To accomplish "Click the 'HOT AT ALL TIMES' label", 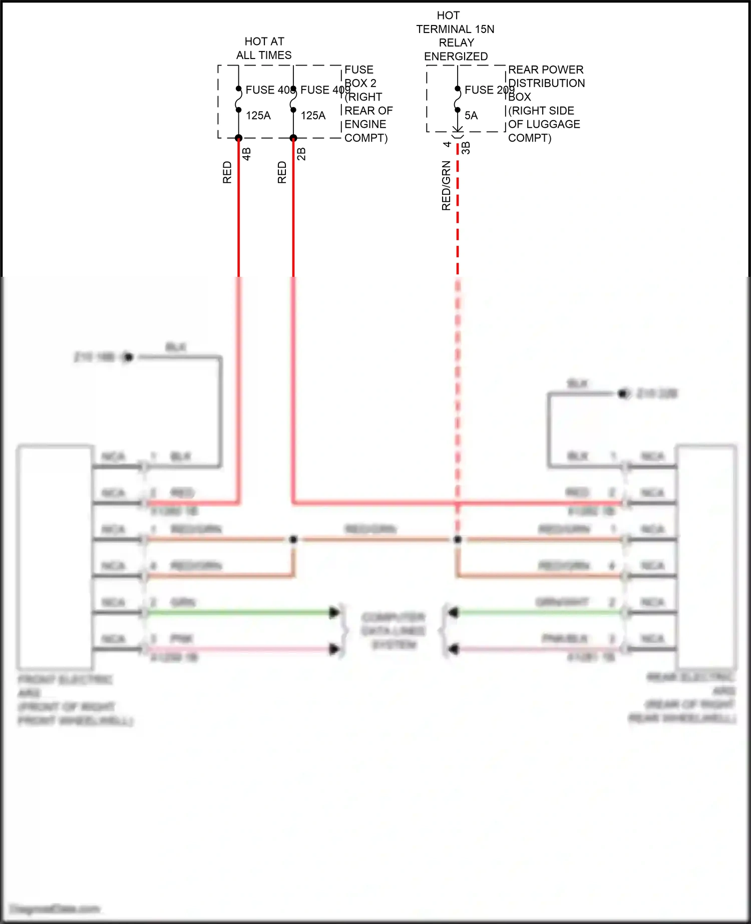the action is (x=264, y=48).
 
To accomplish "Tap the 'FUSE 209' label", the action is (x=488, y=90).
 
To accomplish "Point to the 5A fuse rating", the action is (x=471, y=116).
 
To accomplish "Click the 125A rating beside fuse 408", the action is (x=258, y=116).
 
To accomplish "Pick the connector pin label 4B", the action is (x=246, y=154).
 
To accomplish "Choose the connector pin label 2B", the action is (x=301, y=154).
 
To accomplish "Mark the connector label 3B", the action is (x=466, y=148).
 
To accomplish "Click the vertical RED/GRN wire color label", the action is (x=446, y=186).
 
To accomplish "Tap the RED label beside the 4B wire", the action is (x=227, y=172).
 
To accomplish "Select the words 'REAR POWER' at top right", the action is (x=546, y=70).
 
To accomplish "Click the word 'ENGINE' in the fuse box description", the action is (x=365, y=124).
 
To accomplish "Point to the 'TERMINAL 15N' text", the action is (x=455, y=29).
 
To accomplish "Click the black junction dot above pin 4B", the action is (x=239, y=138).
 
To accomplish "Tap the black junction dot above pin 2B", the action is (x=293, y=138).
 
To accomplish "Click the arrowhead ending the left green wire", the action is (x=334, y=612).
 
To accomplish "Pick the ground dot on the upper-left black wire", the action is (x=128, y=357).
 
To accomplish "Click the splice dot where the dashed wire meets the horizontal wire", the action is (x=458, y=540).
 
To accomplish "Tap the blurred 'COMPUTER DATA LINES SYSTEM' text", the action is (x=394, y=631).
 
